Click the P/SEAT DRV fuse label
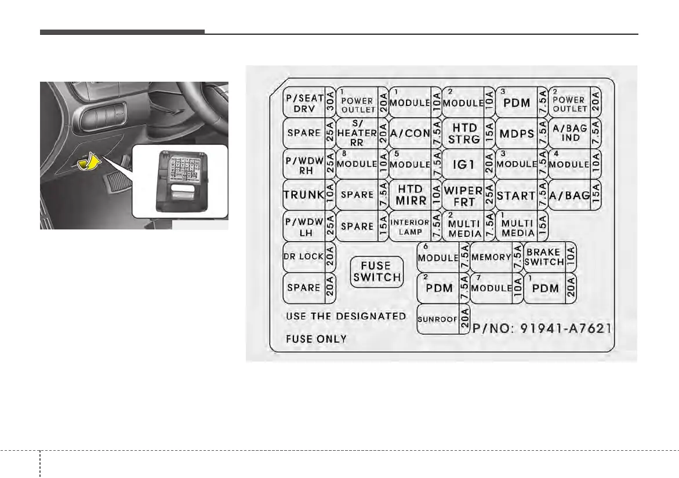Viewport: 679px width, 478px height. [x=304, y=103]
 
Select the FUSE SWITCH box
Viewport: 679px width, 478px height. [x=377, y=271]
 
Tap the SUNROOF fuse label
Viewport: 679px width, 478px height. [x=438, y=319]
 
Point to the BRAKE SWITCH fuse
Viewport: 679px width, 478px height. [x=544, y=257]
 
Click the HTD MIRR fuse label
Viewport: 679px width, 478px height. [x=411, y=195]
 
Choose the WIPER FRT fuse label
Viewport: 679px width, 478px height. [x=463, y=195]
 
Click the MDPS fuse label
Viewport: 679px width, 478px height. [x=516, y=133]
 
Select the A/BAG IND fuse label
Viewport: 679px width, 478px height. [x=570, y=133]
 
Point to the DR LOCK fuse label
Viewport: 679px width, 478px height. [x=304, y=257]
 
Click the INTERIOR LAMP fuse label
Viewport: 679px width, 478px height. [x=409, y=227]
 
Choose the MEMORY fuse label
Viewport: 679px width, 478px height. [x=491, y=257]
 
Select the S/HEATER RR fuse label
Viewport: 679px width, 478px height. [x=357, y=133]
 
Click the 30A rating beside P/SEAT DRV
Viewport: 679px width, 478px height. [x=330, y=103]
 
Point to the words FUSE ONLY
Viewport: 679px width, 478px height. [x=316, y=339]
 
